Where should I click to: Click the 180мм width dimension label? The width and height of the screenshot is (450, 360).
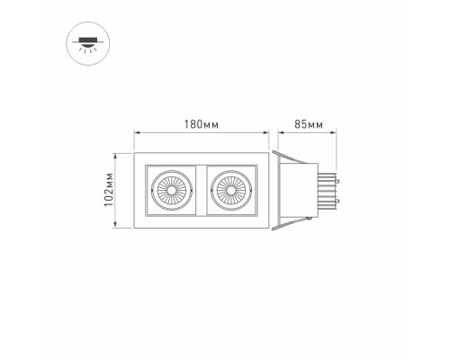coord(202,123)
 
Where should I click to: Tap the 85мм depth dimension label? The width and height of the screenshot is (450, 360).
coord(309,123)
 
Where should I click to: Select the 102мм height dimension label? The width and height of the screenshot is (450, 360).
coord(109,190)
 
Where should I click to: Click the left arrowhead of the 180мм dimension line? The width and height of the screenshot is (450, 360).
coord(137,133)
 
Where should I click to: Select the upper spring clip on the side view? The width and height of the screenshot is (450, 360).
coord(286,159)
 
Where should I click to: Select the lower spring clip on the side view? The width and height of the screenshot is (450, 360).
coord(286,220)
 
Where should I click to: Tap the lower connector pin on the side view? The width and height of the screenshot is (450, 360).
coord(339,201)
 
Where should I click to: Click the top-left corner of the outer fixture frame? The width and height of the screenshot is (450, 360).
coord(135,153)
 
